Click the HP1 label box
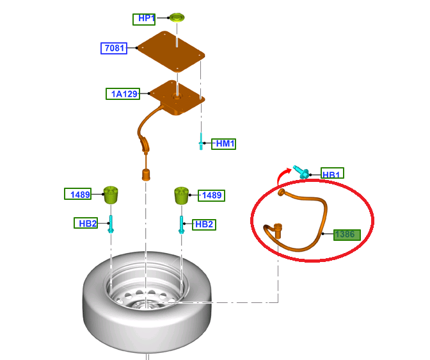click(144, 19)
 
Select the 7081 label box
click(114, 48)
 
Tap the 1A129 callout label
click(123, 94)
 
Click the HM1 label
click(223, 144)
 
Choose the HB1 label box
click(332, 173)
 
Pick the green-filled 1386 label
click(347, 235)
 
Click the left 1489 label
click(78, 194)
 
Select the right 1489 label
click(211, 195)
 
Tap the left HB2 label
click(86, 223)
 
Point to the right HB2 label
click(204, 225)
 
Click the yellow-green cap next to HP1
click(177, 17)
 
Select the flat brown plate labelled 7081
click(171, 52)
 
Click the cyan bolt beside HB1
click(301, 172)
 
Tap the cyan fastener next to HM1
click(201, 142)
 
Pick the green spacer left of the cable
click(111, 195)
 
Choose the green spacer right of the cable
click(182, 196)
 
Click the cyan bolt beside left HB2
click(111, 224)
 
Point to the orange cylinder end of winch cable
click(146, 175)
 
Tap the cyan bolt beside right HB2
click(181, 225)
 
